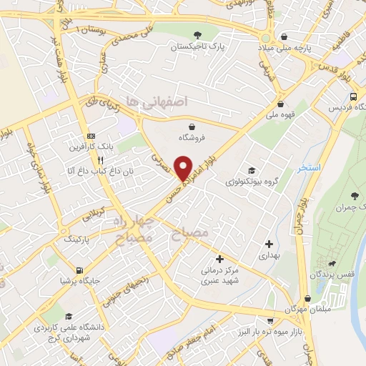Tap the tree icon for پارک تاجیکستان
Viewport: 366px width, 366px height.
(197, 35)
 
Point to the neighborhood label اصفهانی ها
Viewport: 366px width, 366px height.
(155, 102)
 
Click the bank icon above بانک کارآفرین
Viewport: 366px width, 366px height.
(90, 136)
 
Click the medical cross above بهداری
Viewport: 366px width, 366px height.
(268, 244)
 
